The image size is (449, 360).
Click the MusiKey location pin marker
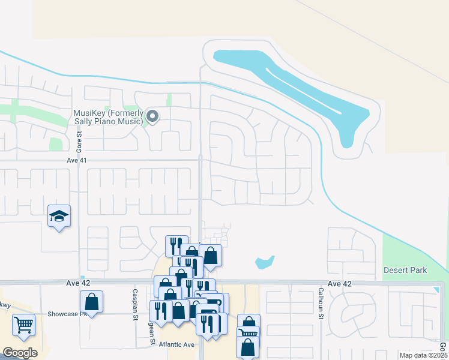[152, 116]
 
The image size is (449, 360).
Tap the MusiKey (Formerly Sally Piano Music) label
[109, 117]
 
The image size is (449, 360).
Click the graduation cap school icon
[59, 216]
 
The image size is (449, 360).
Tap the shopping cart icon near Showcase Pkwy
[23, 325]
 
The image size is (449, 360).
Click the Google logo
[20, 353]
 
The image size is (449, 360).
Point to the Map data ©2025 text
[423, 355]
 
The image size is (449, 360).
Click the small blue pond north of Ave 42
[264, 262]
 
